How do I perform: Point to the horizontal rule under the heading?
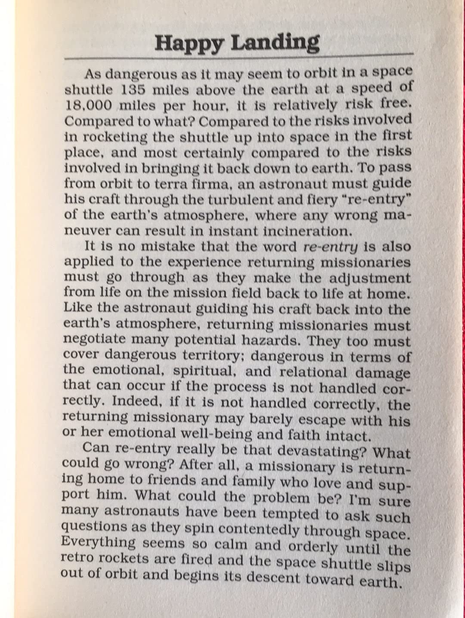pyautogui.click(x=237, y=56)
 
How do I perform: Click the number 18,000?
pyautogui.click(x=88, y=106)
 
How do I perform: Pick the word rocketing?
pyautogui.click(x=112, y=137)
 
